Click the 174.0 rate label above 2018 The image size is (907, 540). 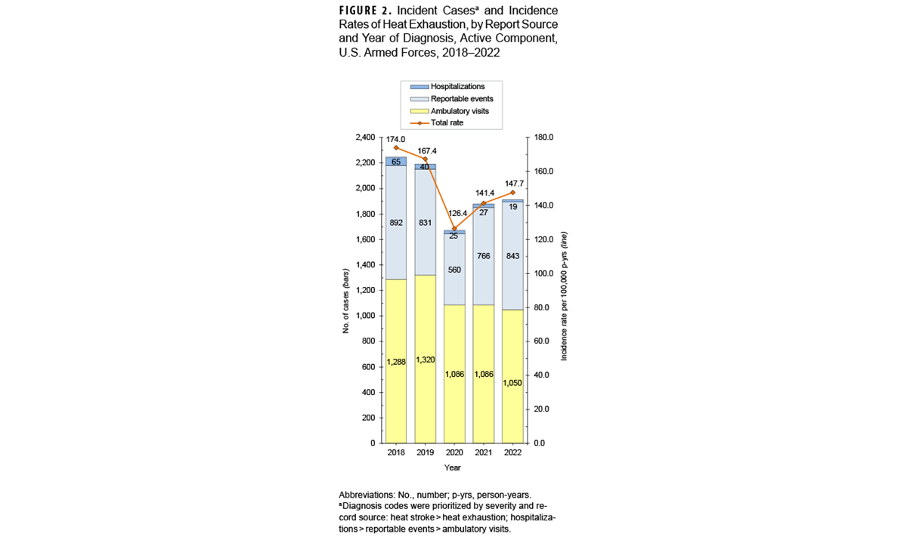coord(395,139)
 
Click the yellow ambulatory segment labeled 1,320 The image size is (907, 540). coord(425,359)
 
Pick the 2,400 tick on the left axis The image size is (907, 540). coord(364,137)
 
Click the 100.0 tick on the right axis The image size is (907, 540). coord(544,273)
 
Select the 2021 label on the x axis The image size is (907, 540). coord(483,452)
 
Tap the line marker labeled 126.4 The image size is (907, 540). coord(454,229)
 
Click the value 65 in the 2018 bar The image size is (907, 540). coord(396,162)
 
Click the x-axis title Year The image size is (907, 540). coord(453,468)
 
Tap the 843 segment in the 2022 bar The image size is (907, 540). coord(512,256)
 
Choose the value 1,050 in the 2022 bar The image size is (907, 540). coord(512,383)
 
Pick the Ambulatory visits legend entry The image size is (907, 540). coord(459,111)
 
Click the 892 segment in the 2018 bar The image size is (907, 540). coord(396,223)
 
